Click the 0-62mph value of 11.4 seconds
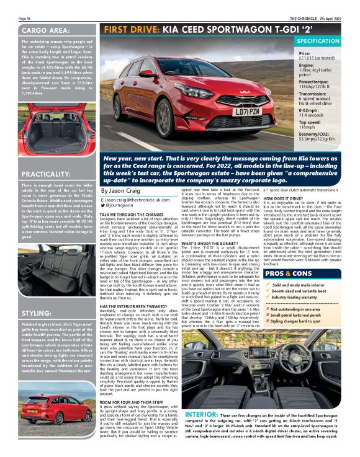tap(312, 115)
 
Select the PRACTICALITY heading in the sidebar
tap(48, 174)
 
